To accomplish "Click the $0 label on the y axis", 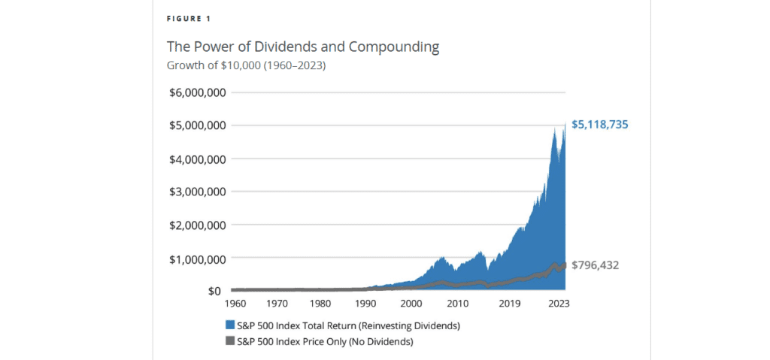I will (x=214, y=291).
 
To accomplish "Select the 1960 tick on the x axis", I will (x=235, y=304).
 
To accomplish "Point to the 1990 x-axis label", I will (x=366, y=304).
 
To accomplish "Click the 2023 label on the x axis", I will (x=558, y=304).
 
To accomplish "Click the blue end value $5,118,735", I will (x=599, y=125).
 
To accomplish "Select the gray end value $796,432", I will (x=595, y=265).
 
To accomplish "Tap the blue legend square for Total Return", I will (x=230, y=325).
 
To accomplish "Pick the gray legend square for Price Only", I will (x=230, y=341).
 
